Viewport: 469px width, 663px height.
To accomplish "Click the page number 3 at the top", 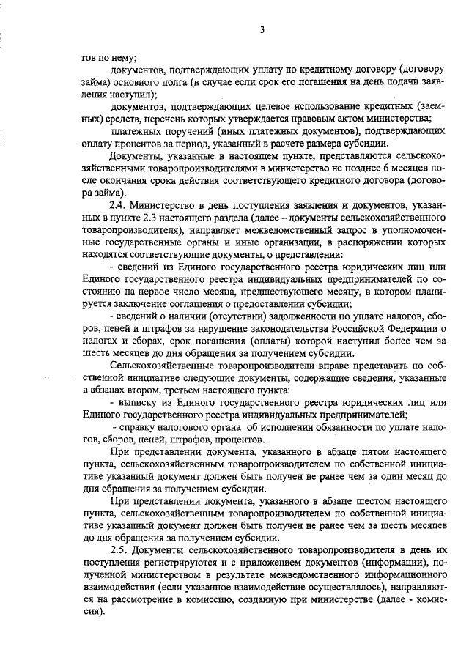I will (x=262, y=29).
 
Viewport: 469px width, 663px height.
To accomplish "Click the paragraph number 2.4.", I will (x=118, y=204).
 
